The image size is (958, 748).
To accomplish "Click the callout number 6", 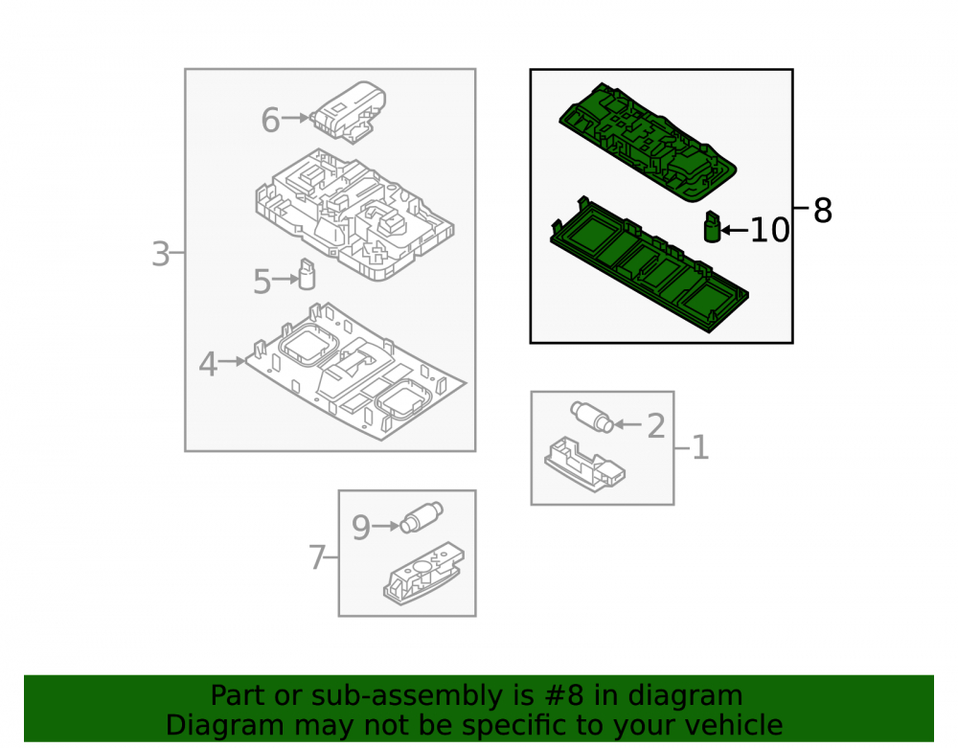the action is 270,120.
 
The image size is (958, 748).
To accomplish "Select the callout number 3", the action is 160,254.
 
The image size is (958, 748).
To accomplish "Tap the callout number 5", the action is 262,282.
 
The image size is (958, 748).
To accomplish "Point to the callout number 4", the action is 208,365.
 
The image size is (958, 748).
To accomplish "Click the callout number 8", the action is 823,211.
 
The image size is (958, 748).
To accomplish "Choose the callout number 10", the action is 769,231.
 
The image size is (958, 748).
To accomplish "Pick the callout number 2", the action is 656,425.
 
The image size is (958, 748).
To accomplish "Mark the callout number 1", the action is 700,447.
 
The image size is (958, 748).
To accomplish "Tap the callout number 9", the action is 361,528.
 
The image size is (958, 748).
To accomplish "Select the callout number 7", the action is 316,557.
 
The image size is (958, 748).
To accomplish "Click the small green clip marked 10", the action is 713,227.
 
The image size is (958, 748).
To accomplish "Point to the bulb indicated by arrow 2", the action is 591,418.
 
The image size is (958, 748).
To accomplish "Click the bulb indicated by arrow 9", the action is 422,517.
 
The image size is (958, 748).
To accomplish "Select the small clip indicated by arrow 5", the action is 307,274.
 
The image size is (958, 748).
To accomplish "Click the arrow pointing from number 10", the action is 735,230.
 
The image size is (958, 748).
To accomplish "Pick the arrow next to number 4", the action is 232,361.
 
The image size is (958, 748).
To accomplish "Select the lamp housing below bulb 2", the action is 584,465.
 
